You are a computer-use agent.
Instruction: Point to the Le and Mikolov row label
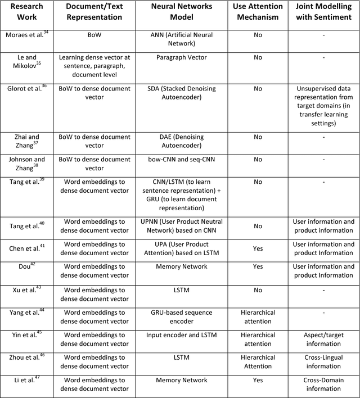click(x=26, y=61)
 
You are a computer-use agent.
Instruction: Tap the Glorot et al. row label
click(x=26, y=88)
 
